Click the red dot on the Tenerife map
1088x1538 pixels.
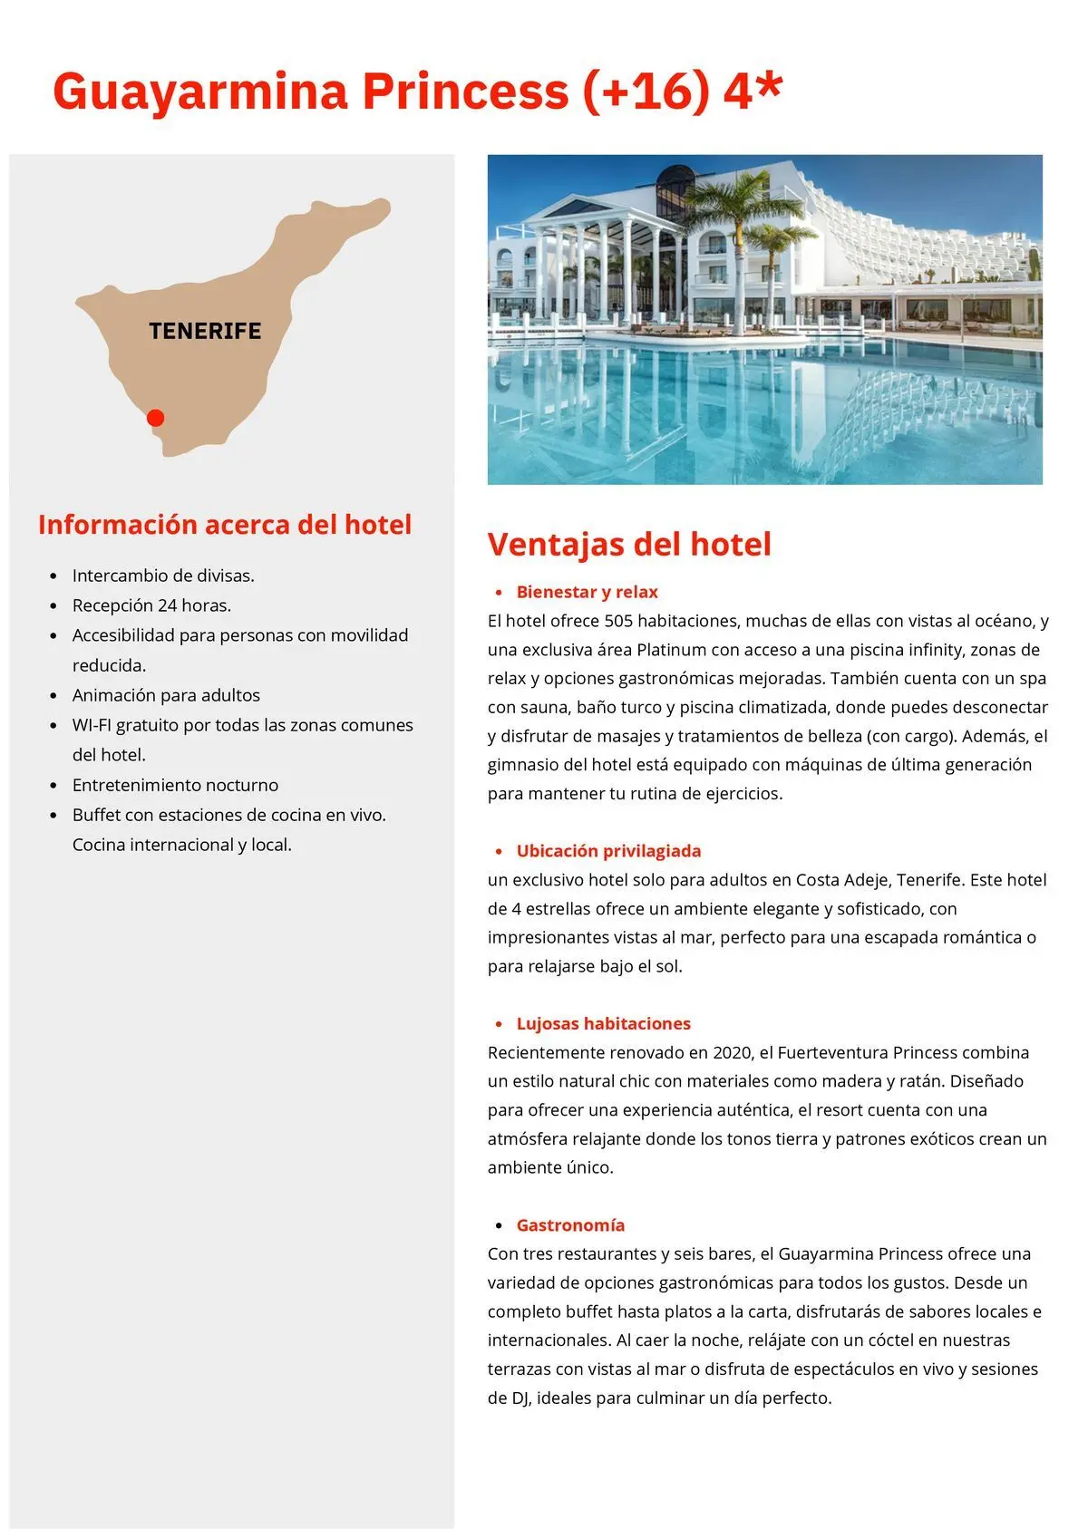pos(155,418)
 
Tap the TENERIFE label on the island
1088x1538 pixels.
pos(205,332)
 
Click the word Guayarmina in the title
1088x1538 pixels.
pos(200,92)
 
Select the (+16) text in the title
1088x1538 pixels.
pos(646,92)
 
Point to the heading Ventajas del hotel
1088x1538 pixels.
pos(629,544)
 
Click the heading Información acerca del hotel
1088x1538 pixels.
pos(225,525)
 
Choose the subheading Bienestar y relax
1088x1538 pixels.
pos(587,592)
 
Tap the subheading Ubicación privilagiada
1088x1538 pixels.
pos(608,851)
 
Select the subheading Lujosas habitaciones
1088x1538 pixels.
pos(603,1023)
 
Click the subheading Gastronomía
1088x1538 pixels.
pos(570,1225)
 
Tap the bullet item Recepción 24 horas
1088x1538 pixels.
pos(151,605)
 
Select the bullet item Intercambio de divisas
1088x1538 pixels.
pos(163,576)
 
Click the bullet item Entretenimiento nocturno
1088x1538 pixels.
pos(175,785)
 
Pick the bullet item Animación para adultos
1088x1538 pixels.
pos(166,695)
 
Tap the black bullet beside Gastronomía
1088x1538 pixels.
pos(499,1226)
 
